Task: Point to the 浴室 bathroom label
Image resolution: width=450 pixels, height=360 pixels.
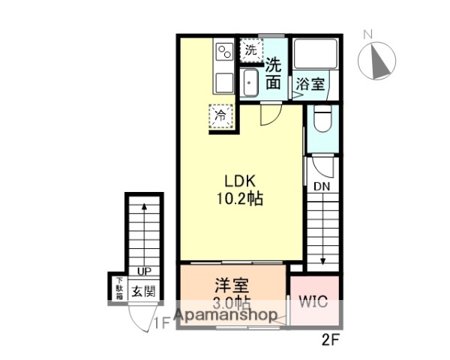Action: (310, 83)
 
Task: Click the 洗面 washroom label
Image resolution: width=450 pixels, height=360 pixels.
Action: (274, 73)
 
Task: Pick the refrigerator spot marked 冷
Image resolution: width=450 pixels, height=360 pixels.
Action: (220, 115)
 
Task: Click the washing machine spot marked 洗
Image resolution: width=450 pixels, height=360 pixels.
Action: (250, 49)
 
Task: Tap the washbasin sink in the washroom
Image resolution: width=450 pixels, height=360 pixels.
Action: (250, 83)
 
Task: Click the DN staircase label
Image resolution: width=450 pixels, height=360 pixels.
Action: (322, 186)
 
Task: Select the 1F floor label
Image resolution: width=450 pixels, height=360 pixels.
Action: (163, 323)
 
